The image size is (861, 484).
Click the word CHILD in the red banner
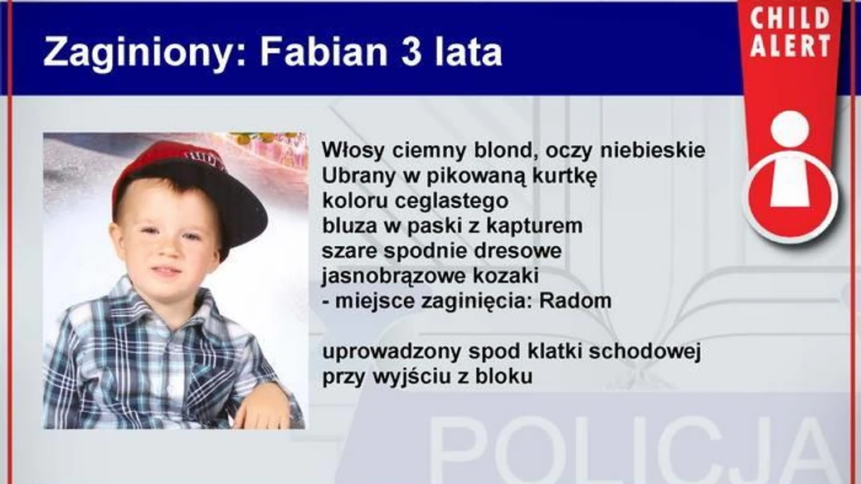click(x=790, y=19)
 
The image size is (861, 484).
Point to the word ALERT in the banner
click(x=790, y=46)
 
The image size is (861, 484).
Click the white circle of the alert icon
click(x=790, y=129)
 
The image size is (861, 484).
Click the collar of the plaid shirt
click(x=165, y=307)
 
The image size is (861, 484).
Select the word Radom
click(x=575, y=301)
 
